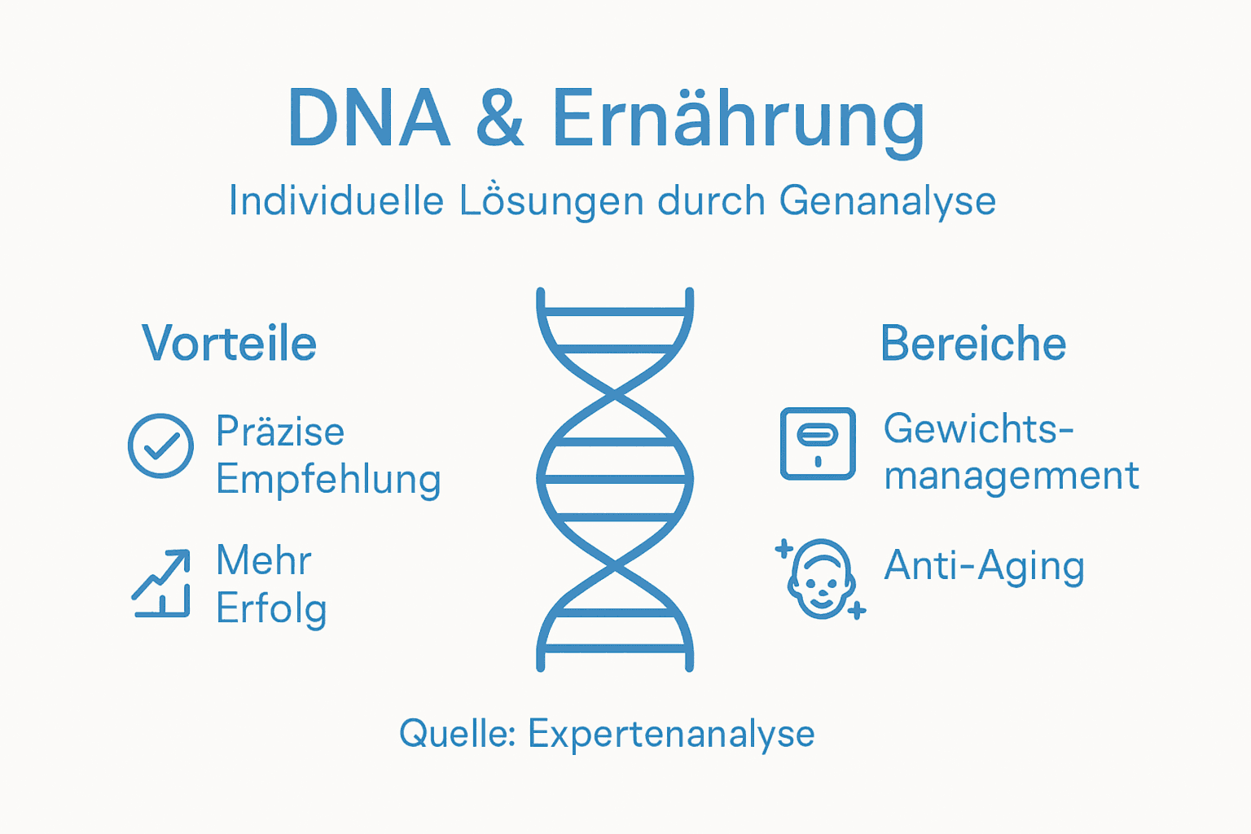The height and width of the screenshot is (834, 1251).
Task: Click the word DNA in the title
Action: coord(368,119)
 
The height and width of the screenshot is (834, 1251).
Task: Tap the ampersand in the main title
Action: coord(499,119)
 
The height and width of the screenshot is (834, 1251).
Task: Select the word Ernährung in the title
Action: coord(738,121)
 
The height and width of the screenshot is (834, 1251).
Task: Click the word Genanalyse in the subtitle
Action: coord(887,201)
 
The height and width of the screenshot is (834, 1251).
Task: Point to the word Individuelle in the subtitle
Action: coord(336,200)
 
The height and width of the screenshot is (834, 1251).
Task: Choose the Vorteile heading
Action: coord(229,343)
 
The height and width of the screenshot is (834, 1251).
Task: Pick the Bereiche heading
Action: coord(973,343)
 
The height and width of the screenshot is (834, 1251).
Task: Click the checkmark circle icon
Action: coord(160,446)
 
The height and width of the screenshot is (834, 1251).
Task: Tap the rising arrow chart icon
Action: coord(161,583)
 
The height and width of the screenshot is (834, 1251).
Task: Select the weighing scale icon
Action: coord(818,443)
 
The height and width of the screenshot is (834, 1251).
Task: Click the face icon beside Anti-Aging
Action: coord(821,578)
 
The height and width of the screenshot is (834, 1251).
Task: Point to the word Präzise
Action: coord(280,432)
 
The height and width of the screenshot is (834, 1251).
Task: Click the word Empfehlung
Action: coord(328,480)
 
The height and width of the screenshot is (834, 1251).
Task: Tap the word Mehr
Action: coord(263,560)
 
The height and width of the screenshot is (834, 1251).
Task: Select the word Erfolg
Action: coord(271,608)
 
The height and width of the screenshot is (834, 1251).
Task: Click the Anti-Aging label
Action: coord(984,565)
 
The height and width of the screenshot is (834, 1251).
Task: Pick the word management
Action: coord(1012,476)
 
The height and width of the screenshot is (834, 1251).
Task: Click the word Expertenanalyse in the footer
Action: coord(671,734)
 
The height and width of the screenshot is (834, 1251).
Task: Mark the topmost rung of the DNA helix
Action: coord(615,311)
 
